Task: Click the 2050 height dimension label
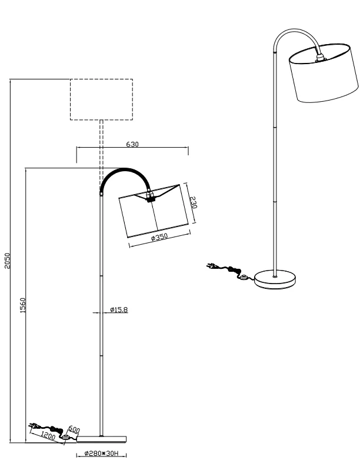6,261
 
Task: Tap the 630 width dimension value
132,144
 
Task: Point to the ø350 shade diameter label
159,237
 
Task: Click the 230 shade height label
194,202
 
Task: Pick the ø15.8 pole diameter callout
119,309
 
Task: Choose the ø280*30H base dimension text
102,454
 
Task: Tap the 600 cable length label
75,430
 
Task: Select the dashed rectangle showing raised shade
101,99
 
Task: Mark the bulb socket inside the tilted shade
150,198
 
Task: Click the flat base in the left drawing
102,438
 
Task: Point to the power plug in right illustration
212,266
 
